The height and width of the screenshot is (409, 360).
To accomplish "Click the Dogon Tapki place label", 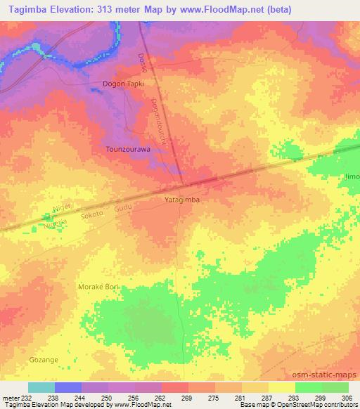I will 123,84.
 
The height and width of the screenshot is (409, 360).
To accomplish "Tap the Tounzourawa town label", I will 127,149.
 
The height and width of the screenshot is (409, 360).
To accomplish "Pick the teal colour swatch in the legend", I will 41,387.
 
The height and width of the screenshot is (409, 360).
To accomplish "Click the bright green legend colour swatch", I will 308,387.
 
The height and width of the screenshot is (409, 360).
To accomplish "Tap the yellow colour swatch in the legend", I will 281,387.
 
